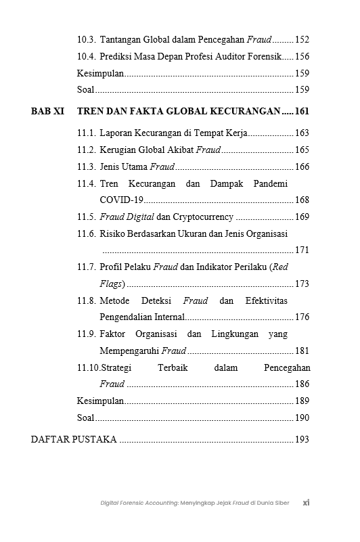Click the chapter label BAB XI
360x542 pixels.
(x=47, y=111)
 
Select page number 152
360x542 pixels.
(x=302, y=41)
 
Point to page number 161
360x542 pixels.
(x=302, y=111)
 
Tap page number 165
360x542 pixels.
(x=302, y=150)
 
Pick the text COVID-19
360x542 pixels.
(x=121, y=200)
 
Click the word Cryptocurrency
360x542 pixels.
(x=203, y=217)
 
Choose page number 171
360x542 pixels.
(x=302, y=250)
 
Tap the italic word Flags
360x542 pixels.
(x=111, y=284)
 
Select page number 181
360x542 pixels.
(x=302, y=351)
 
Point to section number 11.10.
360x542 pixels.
(x=88, y=367)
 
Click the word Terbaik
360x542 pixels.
(x=172, y=367)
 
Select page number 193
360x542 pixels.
(x=302, y=440)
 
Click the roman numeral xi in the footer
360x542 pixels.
(x=306, y=503)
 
